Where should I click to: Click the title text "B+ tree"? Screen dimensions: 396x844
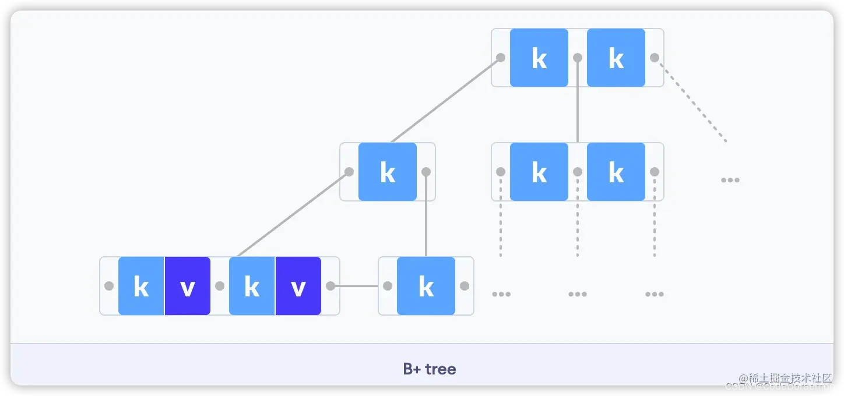click(x=430, y=369)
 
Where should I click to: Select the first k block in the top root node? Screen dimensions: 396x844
click(x=539, y=58)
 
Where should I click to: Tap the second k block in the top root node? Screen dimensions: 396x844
click(x=616, y=58)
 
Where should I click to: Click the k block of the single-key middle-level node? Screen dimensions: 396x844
click(x=388, y=172)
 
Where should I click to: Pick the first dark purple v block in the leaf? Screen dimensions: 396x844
click(x=187, y=286)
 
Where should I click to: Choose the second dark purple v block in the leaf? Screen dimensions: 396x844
click(x=298, y=286)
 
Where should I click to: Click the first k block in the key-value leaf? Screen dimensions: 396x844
click(x=141, y=286)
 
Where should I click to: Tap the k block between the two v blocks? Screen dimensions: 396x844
click(x=252, y=286)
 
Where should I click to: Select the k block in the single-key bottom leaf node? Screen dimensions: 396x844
click(x=426, y=286)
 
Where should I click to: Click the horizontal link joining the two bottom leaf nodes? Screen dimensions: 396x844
click(x=359, y=286)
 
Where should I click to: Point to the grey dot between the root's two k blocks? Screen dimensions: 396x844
click(x=578, y=58)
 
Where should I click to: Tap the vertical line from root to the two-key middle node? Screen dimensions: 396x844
click(x=578, y=105)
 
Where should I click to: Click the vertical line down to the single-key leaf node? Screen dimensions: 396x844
click(x=426, y=215)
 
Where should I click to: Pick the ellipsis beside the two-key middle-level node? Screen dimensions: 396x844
click(x=730, y=180)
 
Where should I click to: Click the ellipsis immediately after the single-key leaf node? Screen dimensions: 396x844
click(x=501, y=294)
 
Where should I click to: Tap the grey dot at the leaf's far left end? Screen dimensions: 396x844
click(x=109, y=286)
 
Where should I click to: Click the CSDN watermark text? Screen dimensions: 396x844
click(x=779, y=387)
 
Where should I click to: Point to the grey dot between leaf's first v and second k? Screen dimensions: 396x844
click(x=220, y=286)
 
